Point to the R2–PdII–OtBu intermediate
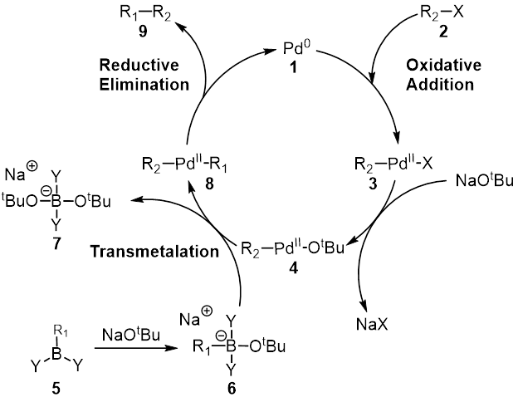[x=290, y=248]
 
